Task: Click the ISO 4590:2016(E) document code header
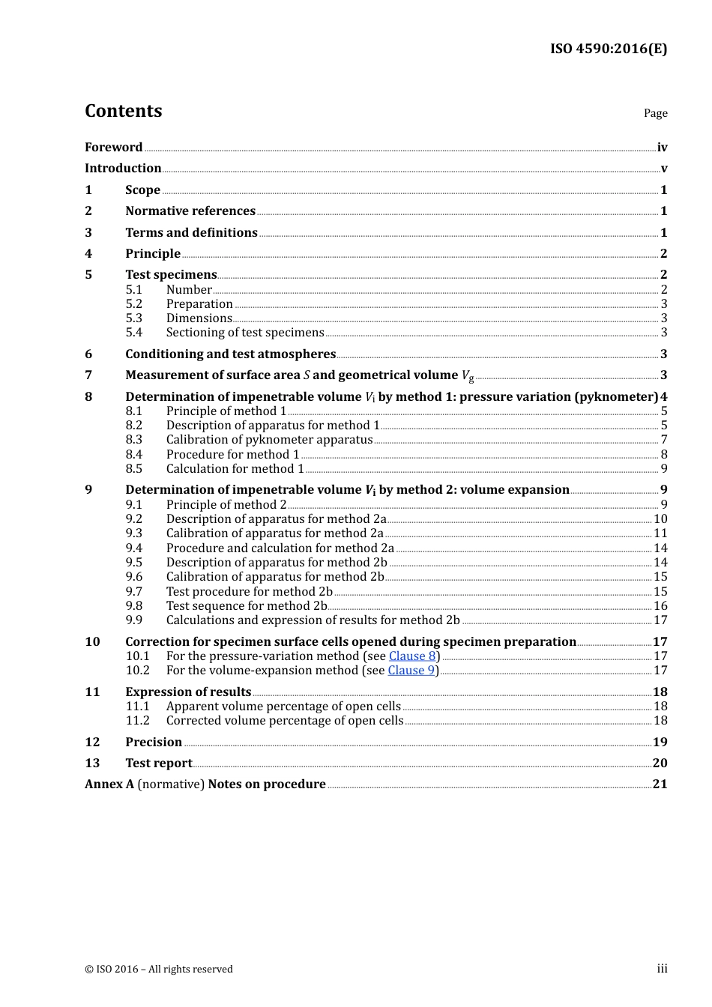point(608,49)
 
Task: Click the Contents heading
point(123,111)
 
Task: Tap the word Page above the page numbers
point(655,113)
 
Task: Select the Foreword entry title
point(113,148)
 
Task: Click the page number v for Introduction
point(663,169)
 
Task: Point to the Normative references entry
point(190,211)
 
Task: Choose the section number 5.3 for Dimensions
point(133,318)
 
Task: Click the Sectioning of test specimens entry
point(245,333)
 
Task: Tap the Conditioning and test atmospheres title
point(230,354)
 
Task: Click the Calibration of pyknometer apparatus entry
point(269,440)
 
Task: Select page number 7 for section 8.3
point(663,440)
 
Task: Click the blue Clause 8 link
point(412,656)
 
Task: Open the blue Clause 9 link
point(411,671)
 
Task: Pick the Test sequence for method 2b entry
point(247,606)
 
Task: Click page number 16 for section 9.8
point(660,606)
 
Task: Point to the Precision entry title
point(154,743)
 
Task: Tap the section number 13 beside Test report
point(92,763)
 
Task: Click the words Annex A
point(109,784)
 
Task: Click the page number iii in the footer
point(662,969)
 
